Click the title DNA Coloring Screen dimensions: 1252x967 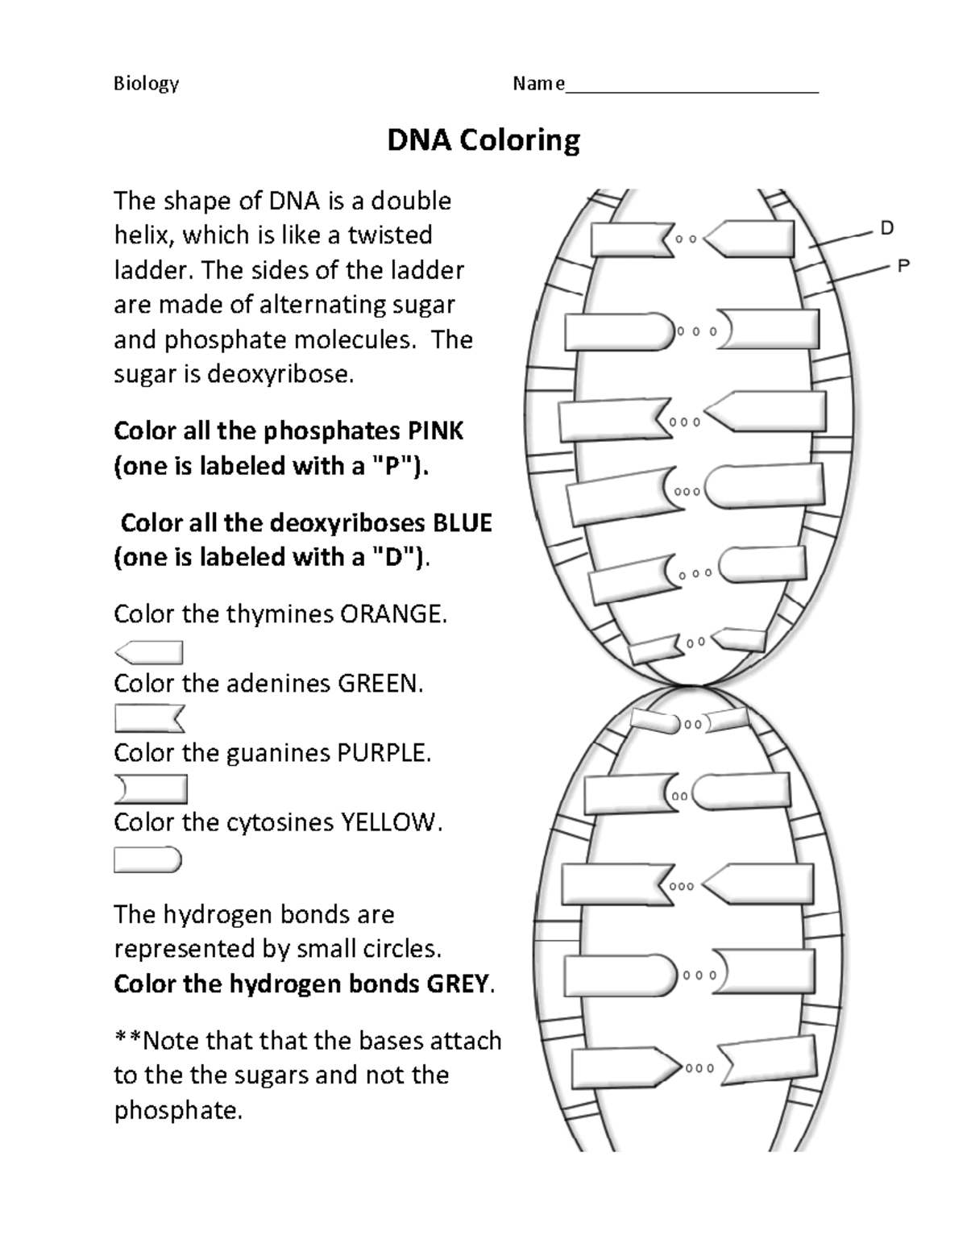click(x=483, y=140)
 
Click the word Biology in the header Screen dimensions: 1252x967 click(x=146, y=84)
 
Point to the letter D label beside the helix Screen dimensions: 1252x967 click(x=886, y=228)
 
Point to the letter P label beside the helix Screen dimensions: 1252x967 click(x=903, y=265)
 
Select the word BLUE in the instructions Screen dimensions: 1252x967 click(x=462, y=523)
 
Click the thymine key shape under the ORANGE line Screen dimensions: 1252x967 click(x=150, y=652)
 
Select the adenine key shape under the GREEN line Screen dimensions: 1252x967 click(x=150, y=718)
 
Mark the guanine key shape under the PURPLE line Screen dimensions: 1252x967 click(x=151, y=789)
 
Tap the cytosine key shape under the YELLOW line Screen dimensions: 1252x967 click(x=148, y=860)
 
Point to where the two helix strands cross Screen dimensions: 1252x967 click(x=691, y=686)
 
